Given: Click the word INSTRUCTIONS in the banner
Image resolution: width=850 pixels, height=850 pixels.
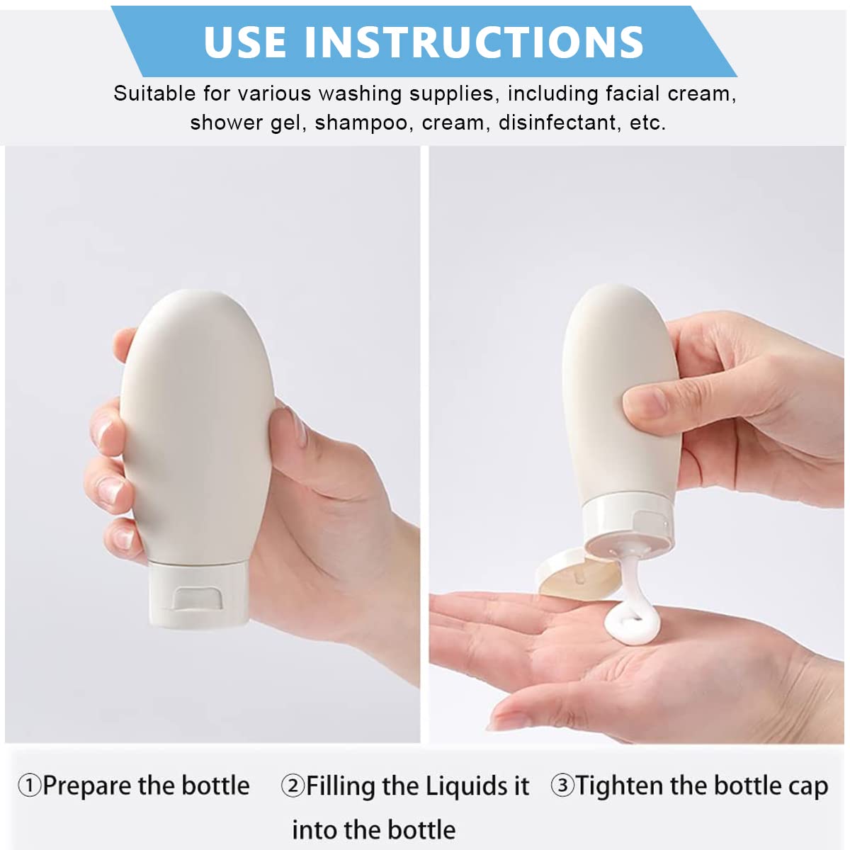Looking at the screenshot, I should (x=474, y=42).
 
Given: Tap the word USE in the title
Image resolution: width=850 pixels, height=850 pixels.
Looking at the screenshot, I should (x=246, y=42).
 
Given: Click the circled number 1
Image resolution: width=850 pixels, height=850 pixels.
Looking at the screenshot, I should (x=29, y=786).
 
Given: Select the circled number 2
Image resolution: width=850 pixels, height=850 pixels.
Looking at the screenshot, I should (x=293, y=786).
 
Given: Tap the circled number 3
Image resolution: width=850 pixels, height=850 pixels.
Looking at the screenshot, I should (x=562, y=786).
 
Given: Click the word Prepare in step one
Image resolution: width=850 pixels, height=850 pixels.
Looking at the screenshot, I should (x=86, y=786).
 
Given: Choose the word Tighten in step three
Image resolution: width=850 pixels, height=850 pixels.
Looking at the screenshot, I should (x=618, y=786).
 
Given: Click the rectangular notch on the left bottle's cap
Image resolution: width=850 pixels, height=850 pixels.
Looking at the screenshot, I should (x=199, y=597).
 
